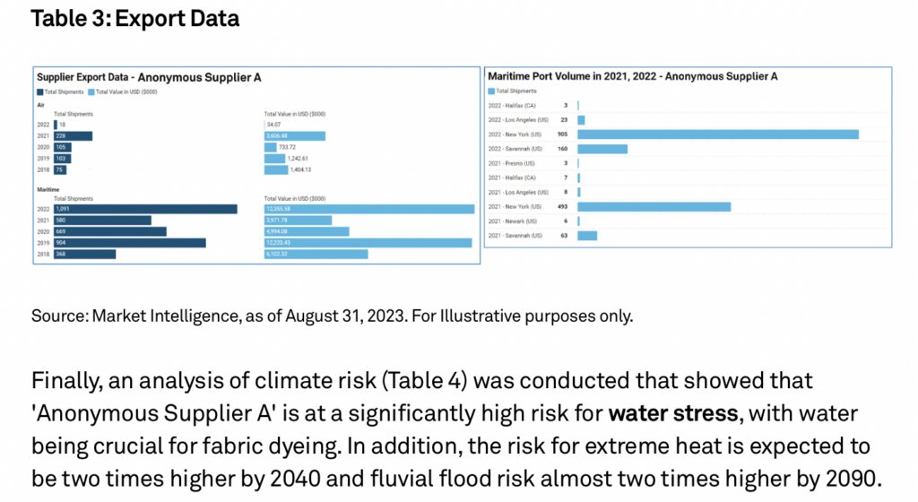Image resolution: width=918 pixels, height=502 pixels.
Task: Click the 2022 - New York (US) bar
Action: point(718,134)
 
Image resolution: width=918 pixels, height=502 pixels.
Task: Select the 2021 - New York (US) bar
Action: point(654,206)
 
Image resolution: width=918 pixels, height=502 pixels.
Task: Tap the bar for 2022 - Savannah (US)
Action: point(602,149)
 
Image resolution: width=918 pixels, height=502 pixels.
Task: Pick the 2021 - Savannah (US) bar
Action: point(587,236)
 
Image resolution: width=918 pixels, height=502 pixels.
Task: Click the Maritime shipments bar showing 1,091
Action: point(145,209)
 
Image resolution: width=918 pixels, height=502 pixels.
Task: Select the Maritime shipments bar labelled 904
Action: point(129,242)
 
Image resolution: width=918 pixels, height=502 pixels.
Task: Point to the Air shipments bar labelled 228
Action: point(73,136)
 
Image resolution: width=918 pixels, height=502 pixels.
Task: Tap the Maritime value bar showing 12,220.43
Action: point(368,242)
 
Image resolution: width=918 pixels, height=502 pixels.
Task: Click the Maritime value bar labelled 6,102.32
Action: point(316,254)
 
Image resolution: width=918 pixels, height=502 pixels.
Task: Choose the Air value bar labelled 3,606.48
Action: point(294,136)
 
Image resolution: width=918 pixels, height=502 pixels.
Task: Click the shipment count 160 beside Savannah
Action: point(562,149)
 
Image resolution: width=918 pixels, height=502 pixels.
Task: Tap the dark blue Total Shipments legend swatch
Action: point(39,91)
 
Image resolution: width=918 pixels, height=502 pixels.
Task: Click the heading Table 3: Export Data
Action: point(135,18)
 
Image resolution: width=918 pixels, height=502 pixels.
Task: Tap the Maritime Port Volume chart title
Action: point(632,76)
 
